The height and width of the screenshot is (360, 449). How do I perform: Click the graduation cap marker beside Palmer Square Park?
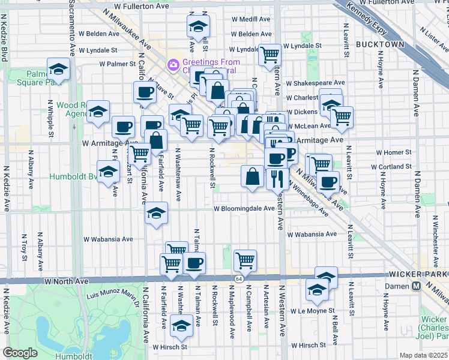58,69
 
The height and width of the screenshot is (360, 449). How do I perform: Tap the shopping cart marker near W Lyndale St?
270,55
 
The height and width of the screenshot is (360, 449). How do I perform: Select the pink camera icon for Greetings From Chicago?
173,64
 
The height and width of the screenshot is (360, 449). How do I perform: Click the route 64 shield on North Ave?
240,280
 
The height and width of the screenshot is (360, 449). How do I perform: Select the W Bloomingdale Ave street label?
244,209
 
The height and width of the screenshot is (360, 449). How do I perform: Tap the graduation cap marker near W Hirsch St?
180,326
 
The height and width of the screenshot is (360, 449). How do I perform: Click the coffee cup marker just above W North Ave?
194,263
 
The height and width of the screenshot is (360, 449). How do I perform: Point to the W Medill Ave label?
251,19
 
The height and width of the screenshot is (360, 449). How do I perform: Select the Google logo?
20,353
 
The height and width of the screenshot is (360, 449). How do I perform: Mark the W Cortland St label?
391,166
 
